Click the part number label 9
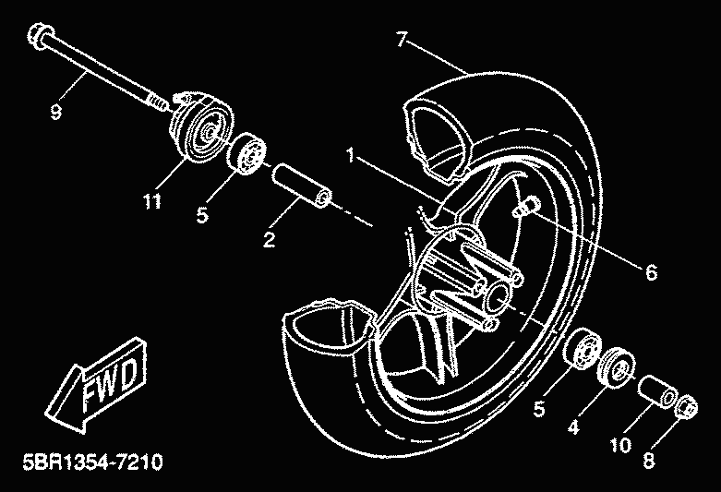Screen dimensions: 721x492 click(x=55, y=113)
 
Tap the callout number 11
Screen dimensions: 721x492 click(x=151, y=198)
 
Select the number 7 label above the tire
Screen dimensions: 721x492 click(x=401, y=39)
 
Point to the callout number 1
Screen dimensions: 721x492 click(x=351, y=157)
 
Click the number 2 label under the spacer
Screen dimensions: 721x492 click(x=269, y=240)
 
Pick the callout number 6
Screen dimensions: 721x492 click(x=649, y=272)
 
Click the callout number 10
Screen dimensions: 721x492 click(x=620, y=445)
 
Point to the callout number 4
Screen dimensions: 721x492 click(x=572, y=427)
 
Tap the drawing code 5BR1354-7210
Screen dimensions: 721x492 click(x=89, y=460)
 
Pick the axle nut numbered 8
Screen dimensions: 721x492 click(x=684, y=407)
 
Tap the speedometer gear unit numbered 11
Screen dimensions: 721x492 click(x=197, y=129)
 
